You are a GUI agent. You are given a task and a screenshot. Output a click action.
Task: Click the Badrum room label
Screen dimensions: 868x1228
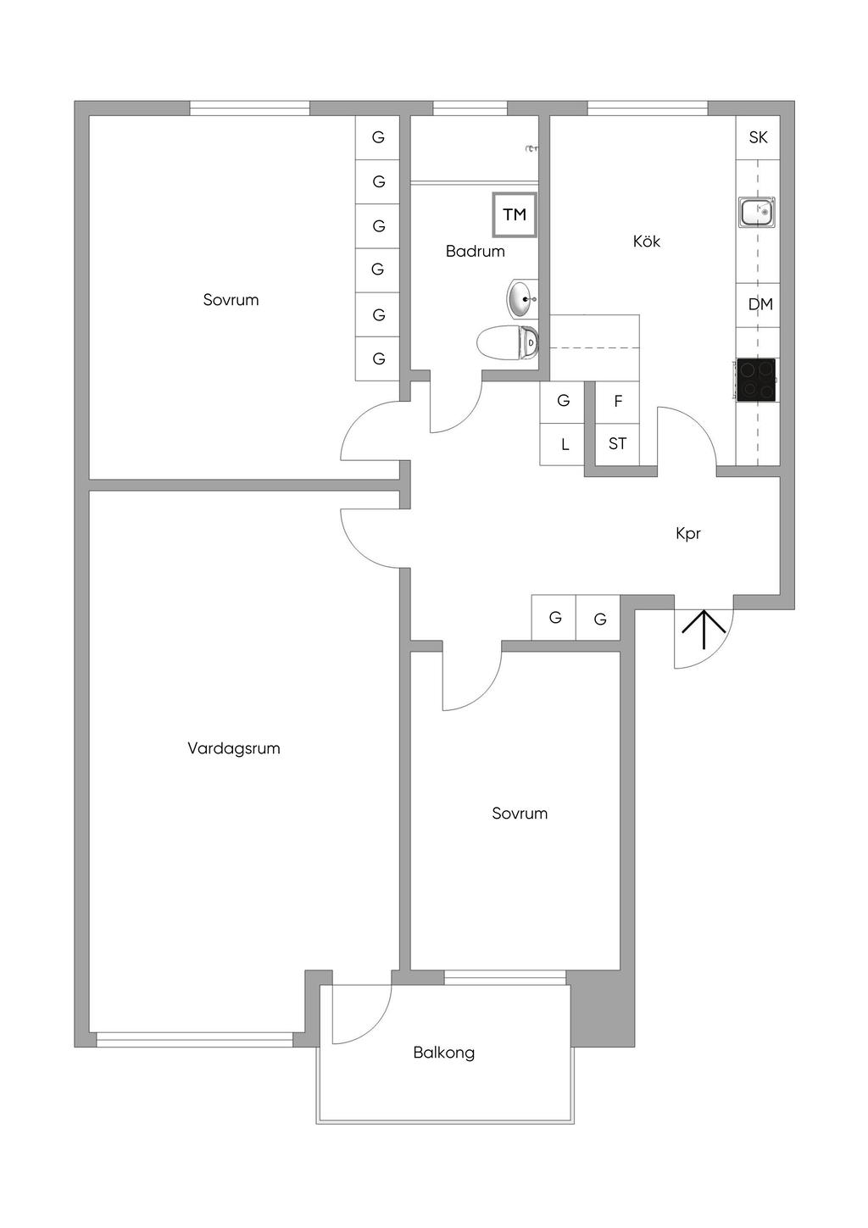475,252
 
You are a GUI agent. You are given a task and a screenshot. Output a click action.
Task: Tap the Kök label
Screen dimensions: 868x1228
646,242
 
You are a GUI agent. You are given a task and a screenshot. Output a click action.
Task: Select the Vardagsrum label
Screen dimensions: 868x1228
233,748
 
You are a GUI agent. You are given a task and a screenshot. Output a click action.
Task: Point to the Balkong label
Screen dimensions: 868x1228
443,1053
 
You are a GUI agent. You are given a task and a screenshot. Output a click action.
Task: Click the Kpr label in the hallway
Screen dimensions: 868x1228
687,534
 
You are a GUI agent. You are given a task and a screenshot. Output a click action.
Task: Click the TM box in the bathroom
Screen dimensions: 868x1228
515,214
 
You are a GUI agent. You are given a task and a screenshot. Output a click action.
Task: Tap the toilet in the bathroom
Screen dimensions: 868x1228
507,343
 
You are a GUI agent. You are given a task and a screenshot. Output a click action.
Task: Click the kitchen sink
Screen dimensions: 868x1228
757,212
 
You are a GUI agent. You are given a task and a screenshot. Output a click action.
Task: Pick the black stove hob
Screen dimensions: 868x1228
756,380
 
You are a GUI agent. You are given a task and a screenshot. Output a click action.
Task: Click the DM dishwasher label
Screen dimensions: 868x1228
759,304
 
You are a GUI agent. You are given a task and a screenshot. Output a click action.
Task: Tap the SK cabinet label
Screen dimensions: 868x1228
758,137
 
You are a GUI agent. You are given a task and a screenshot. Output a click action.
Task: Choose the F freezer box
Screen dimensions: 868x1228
617,402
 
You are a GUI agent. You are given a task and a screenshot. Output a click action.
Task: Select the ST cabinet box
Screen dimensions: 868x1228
617,443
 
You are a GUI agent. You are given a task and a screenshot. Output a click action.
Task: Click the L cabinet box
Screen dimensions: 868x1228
563,444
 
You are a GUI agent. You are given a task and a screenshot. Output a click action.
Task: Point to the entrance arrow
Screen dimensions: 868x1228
704,630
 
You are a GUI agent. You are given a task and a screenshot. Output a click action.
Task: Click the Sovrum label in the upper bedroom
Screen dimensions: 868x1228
231,300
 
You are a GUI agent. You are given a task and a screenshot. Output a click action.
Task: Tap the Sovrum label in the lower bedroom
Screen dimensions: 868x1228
520,814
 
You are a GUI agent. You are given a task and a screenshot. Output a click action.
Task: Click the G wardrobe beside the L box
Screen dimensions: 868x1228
563,401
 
